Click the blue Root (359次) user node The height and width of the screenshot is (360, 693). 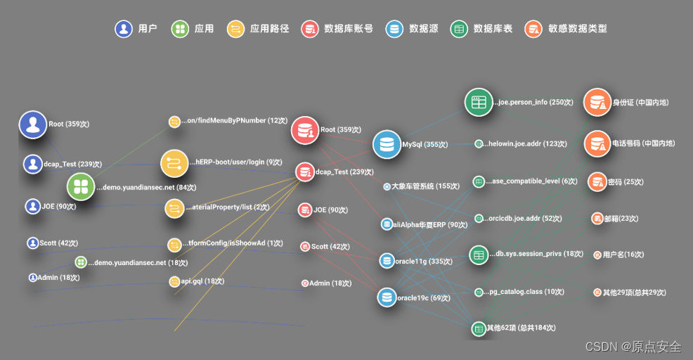pyautogui.click(x=32, y=124)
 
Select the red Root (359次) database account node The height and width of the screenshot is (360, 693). pyautogui.click(x=305, y=130)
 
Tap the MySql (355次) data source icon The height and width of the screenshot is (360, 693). pyautogui.click(x=386, y=144)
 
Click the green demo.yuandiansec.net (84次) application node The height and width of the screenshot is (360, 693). pyautogui.click(x=81, y=187)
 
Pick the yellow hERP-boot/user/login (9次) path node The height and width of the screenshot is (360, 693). pyautogui.click(x=174, y=163)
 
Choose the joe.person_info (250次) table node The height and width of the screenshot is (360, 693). pyautogui.click(x=479, y=102)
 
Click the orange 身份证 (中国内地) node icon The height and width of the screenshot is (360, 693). pyautogui.click(x=597, y=103)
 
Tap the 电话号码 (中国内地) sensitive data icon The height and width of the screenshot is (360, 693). pyautogui.click(x=597, y=143)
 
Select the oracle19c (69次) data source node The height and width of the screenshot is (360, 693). pyautogui.click(x=386, y=297)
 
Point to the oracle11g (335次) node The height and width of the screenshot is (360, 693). pyautogui.click(x=387, y=261)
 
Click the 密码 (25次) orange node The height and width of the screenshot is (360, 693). pyautogui.click(x=597, y=181)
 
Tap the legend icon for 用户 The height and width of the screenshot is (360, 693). pyautogui.click(x=124, y=29)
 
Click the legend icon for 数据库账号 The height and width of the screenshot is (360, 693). pyautogui.click(x=309, y=29)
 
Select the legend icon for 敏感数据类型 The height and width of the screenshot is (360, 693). pyautogui.click(x=533, y=29)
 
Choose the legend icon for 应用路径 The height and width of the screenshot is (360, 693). pyautogui.click(x=235, y=29)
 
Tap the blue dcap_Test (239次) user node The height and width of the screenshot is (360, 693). pyautogui.click(x=32, y=164)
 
